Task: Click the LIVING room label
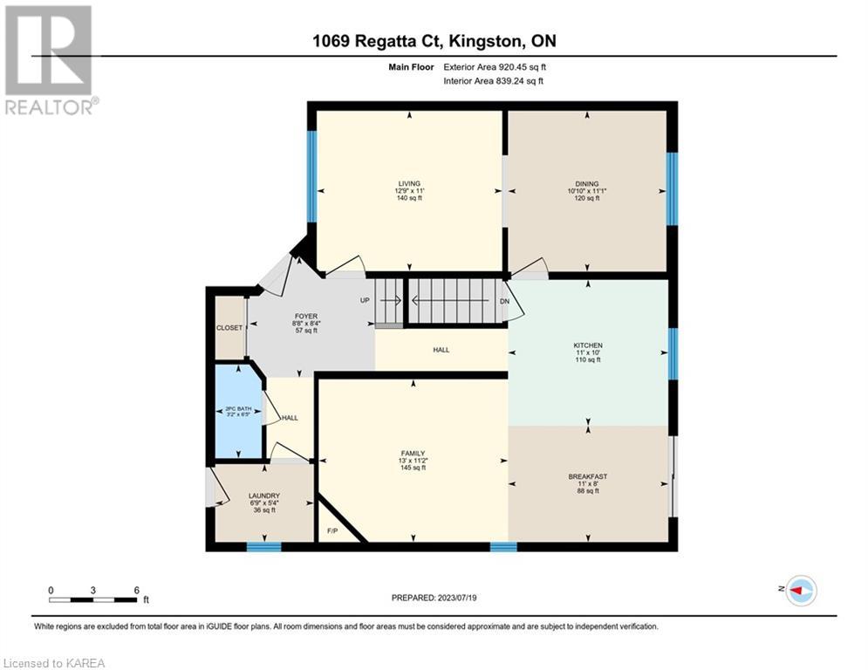tap(409, 183)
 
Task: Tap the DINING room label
tap(587, 184)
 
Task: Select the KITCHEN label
tap(588, 345)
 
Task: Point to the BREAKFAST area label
tap(588, 476)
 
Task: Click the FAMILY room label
tap(413, 454)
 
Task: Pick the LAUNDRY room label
tap(264, 496)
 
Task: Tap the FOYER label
tap(306, 316)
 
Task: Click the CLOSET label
tap(229, 328)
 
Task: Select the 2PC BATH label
tap(238, 408)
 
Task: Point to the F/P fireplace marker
tap(332, 531)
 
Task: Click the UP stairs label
tap(365, 301)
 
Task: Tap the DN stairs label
tap(504, 302)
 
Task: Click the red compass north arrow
tap(796, 591)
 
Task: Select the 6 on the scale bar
tap(136, 591)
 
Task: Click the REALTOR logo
tap(50, 60)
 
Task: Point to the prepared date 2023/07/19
tap(456, 598)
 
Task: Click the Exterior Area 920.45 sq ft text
tap(495, 67)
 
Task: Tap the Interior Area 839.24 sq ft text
tap(493, 81)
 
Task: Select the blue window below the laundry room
tap(264, 547)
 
